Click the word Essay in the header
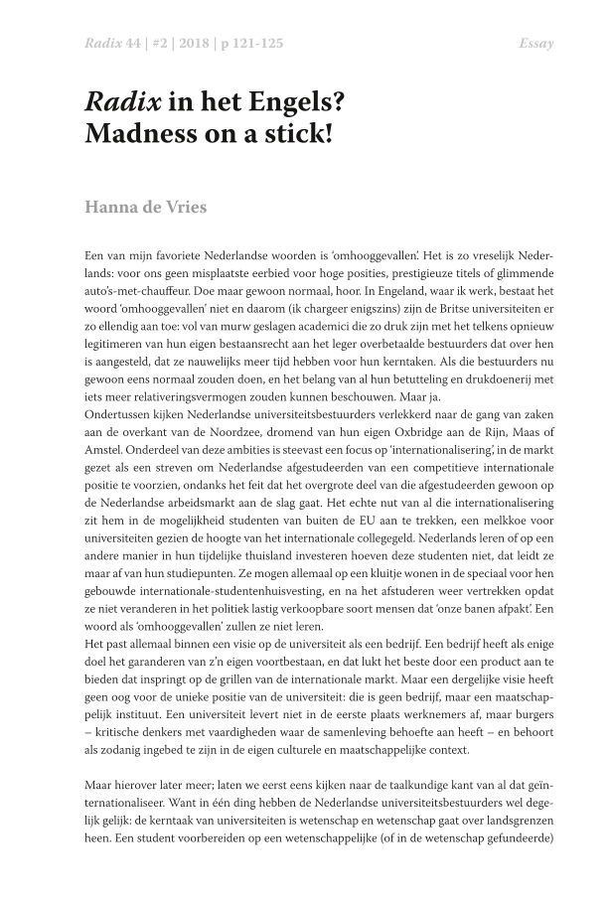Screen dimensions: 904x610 click(x=536, y=44)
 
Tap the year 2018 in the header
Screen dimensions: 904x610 click(x=182, y=44)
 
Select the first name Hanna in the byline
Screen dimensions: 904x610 click(x=114, y=209)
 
